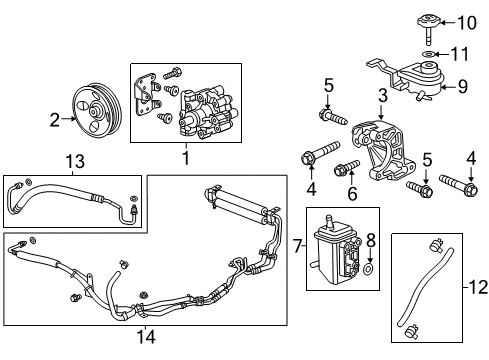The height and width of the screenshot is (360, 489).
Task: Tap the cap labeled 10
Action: (x=428, y=21)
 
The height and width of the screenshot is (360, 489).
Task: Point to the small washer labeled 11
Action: (x=428, y=53)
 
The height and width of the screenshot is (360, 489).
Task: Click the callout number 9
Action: (x=462, y=86)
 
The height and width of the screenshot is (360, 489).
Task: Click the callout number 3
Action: (x=381, y=95)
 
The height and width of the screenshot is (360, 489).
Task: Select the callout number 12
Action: (x=475, y=290)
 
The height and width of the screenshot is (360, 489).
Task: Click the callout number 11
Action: (x=462, y=53)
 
